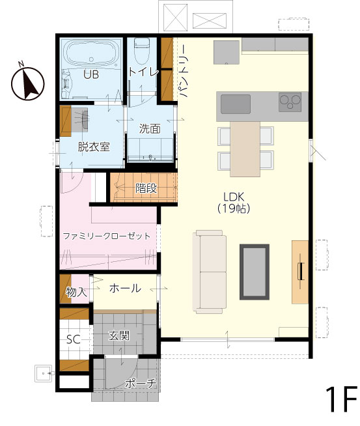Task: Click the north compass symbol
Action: pos(27,83)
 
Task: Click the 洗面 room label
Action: pos(150,129)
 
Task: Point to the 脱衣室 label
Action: pos(94,147)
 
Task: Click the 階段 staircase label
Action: pos(146,188)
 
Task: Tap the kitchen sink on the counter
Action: pos(236,104)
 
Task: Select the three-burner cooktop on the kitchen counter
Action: pos(290,102)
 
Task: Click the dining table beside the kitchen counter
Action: pos(245,149)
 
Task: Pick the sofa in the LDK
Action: pos(210,272)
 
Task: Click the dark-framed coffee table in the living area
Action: pos(255,272)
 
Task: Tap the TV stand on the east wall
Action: pos(300,272)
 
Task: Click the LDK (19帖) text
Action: pos(234,203)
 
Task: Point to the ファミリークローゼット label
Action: pos(106,236)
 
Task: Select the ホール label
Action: pos(125,288)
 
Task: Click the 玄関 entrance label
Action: pos(119,336)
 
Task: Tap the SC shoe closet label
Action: pos(74,339)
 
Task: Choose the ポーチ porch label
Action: pos(141,383)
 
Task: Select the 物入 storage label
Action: pos(77,292)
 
